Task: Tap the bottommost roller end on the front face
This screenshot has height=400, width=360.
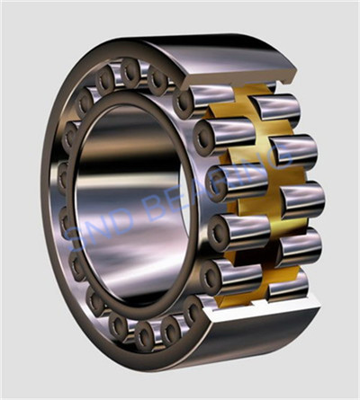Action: [x=144, y=336]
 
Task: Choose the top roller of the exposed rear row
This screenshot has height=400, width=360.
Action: [x=274, y=109]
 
